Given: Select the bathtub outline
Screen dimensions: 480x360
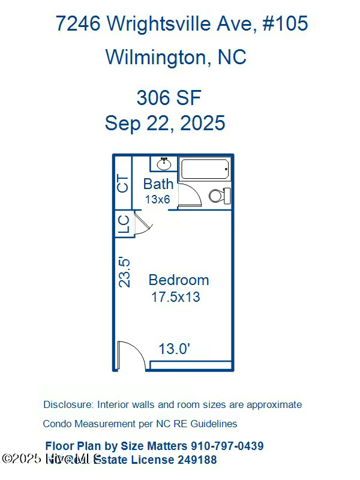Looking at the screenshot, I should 205,169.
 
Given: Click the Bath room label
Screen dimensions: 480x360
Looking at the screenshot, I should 158,184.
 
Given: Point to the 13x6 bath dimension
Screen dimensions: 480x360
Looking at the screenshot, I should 157,200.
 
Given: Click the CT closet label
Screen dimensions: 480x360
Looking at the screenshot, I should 123,183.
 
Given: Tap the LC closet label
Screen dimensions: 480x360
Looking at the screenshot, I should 124,224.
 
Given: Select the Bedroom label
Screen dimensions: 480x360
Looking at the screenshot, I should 179,280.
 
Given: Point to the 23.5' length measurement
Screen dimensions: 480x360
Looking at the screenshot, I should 124,272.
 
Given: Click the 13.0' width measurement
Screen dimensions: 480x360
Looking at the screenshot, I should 175,349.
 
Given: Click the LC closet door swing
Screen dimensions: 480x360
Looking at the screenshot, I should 142,224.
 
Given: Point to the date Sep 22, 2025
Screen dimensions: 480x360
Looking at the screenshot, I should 165,123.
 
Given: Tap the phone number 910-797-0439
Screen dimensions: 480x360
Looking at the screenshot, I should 227,446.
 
